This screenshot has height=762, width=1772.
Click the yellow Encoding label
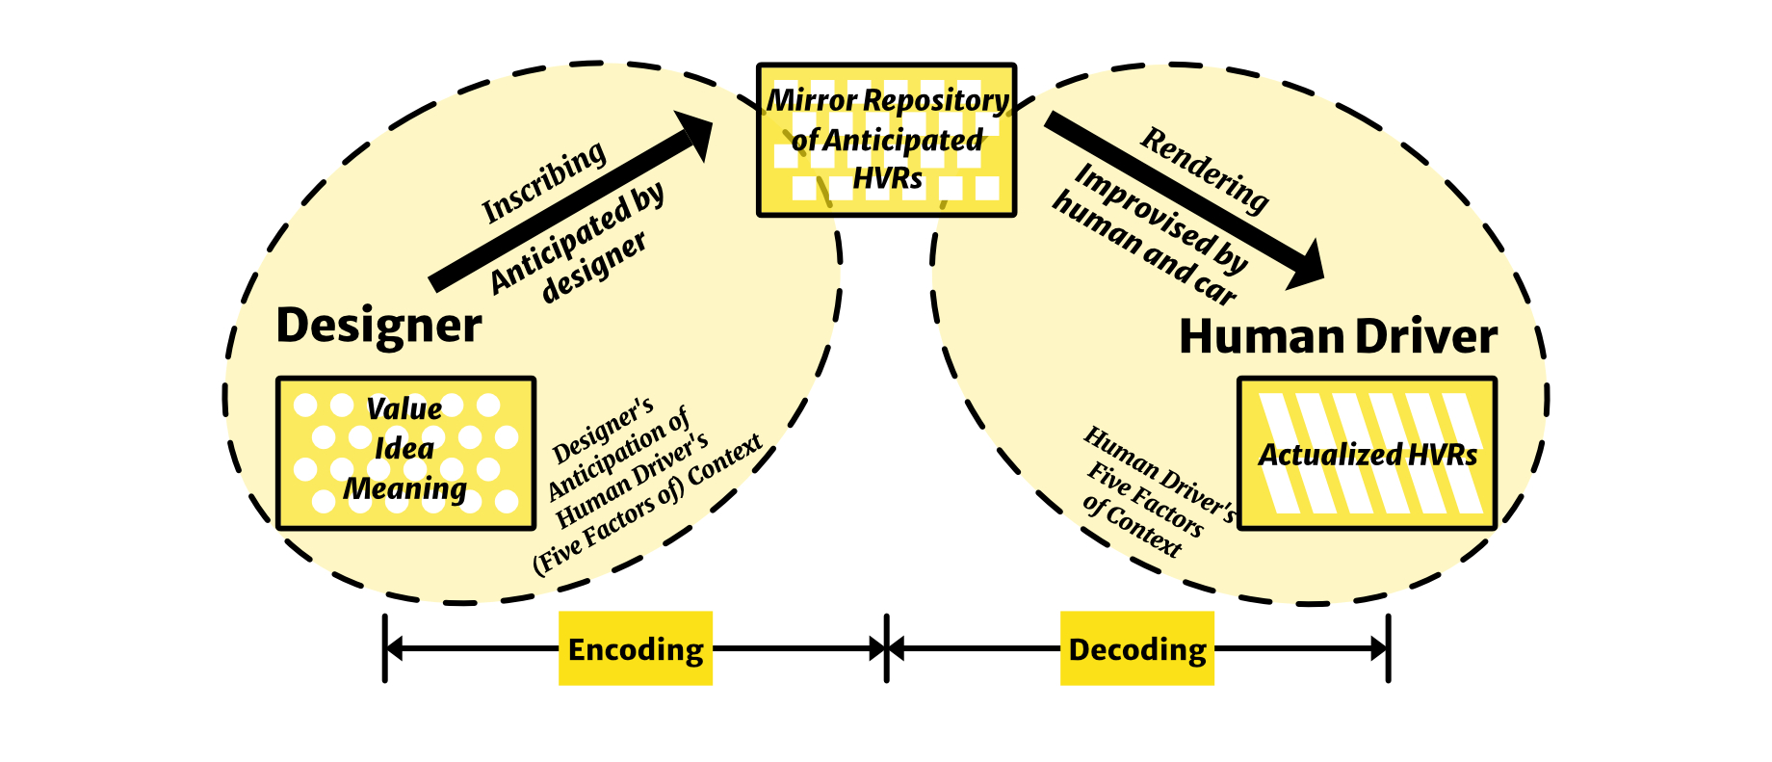pyautogui.click(x=636, y=648)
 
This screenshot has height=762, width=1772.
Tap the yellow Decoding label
pyautogui.click(x=1137, y=648)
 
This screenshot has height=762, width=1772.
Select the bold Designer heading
pyautogui.click(x=378, y=326)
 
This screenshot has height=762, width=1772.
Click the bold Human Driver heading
pyautogui.click(x=1338, y=337)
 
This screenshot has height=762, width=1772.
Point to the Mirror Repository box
pyautogui.click(x=886, y=141)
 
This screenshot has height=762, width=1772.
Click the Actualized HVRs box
pyautogui.click(x=1367, y=454)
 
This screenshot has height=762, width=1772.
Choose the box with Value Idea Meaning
pyautogui.click(x=405, y=453)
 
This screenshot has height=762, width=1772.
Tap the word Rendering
pyautogui.click(x=1205, y=171)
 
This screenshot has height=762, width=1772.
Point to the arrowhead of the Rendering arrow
pyautogui.click(x=1306, y=268)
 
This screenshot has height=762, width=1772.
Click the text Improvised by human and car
pyautogui.click(x=1151, y=234)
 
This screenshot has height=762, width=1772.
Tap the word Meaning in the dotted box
pyautogui.click(x=405, y=488)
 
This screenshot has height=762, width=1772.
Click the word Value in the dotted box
pyautogui.click(x=404, y=408)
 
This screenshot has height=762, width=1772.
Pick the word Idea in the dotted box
pyautogui.click(x=404, y=448)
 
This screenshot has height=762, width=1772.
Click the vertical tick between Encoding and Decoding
pyautogui.click(x=886, y=648)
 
